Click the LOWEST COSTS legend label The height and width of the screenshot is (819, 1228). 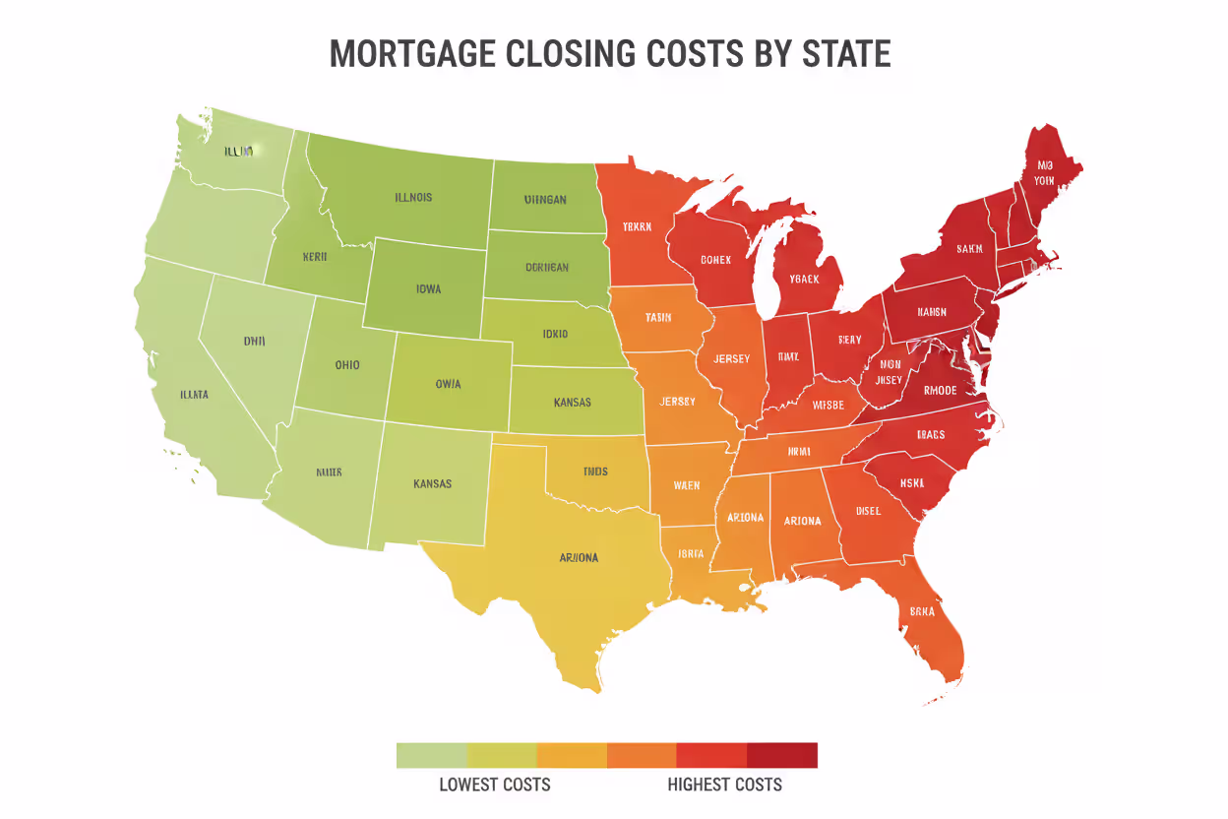pyautogui.click(x=494, y=785)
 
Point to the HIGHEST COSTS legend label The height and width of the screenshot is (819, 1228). pyautogui.click(x=724, y=785)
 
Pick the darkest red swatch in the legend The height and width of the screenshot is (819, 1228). pyautogui.click(x=782, y=755)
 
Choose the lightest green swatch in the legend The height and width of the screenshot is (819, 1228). pyautogui.click(x=431, y=755)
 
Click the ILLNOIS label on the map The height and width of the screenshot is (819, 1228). pyautogui.click(x=413, y=197)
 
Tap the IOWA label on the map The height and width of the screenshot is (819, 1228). pyautogui.click(x=428, y=289)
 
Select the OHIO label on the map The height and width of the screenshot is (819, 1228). pyautogui.click(x=346, y=365)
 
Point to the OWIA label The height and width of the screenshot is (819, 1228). pyautogui.click(x=448, y=384)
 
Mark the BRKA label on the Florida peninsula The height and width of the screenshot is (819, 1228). pyautogui.click(x=922, y=610)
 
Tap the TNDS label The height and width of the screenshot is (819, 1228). pyautogui.click(x=595, y=472)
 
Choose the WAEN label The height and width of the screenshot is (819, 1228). pyautogui.click(x=687, y=485)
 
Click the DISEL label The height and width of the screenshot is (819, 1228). pyautogui.click(x=868, y=511)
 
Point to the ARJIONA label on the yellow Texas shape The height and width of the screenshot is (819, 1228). pyautogui.click(x=579, y=557)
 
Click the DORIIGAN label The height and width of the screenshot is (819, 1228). pyautogui.click(x=546, y=267)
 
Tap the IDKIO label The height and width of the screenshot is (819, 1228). pyautogui.click(x=555, y=334)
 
